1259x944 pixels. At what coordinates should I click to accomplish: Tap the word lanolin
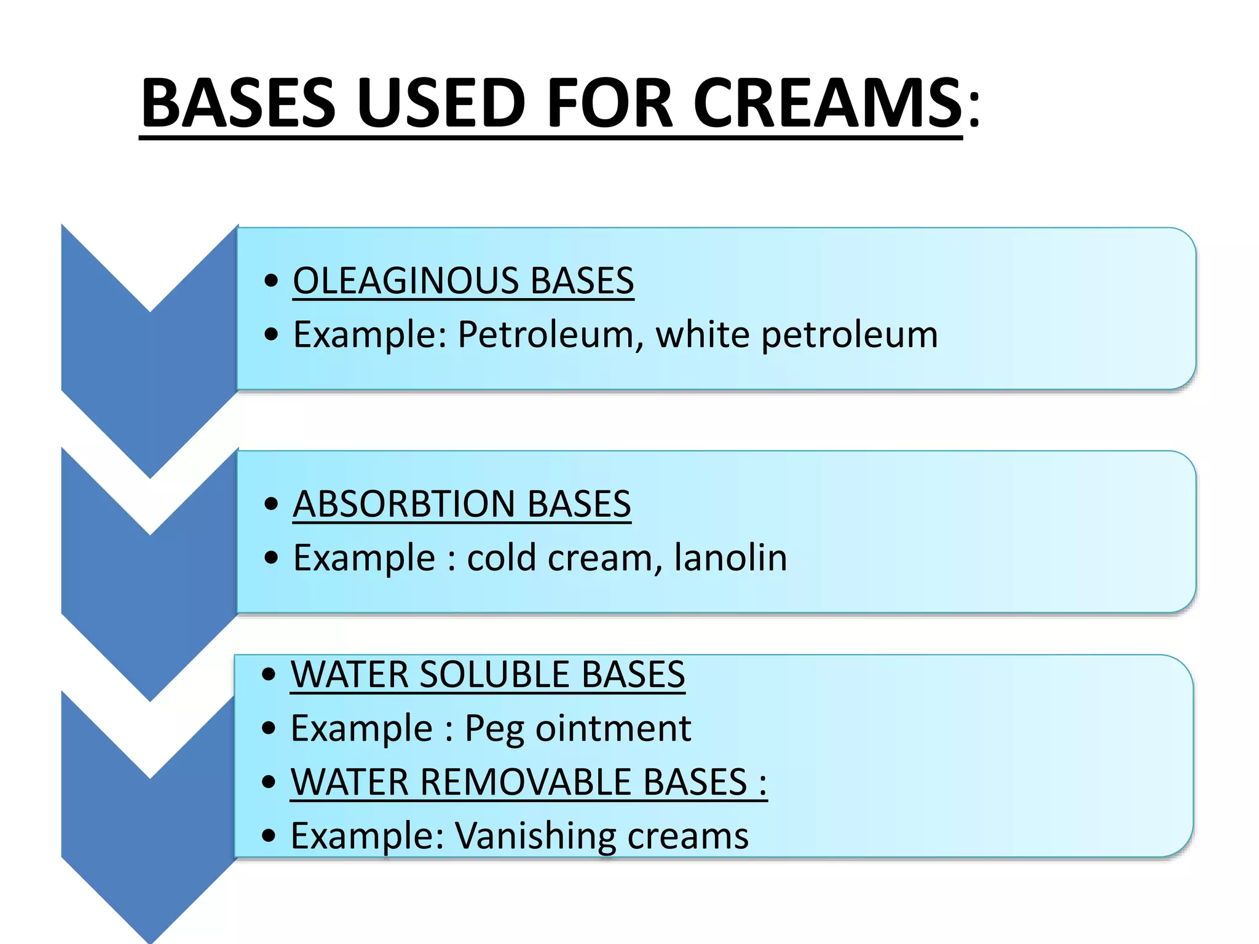coord(730,557)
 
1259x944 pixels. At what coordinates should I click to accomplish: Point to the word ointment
coord(613,728)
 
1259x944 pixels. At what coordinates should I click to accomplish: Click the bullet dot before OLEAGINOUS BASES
coord(271,281)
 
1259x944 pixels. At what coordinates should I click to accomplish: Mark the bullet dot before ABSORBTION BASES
coord(271,504)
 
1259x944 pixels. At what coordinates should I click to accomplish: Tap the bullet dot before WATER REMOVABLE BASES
coord(269,782)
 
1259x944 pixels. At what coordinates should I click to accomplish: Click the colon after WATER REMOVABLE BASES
coord(763,784)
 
